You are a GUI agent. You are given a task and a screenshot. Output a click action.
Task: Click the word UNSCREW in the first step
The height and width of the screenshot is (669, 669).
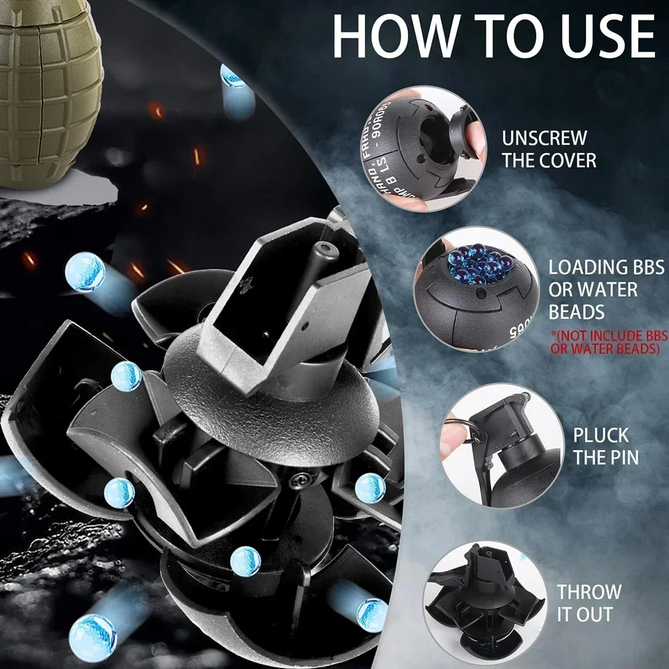tap(544, 138)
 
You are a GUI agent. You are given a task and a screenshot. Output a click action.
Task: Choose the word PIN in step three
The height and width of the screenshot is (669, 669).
tap(622, 458)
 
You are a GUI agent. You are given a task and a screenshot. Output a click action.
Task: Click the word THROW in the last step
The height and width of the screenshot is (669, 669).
tap(589, 592)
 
